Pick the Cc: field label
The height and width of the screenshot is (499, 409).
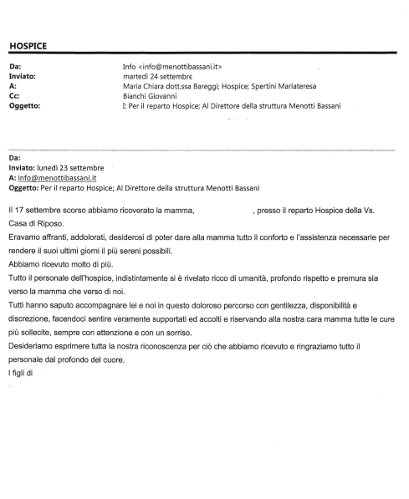13,96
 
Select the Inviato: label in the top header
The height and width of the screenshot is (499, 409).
23,76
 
